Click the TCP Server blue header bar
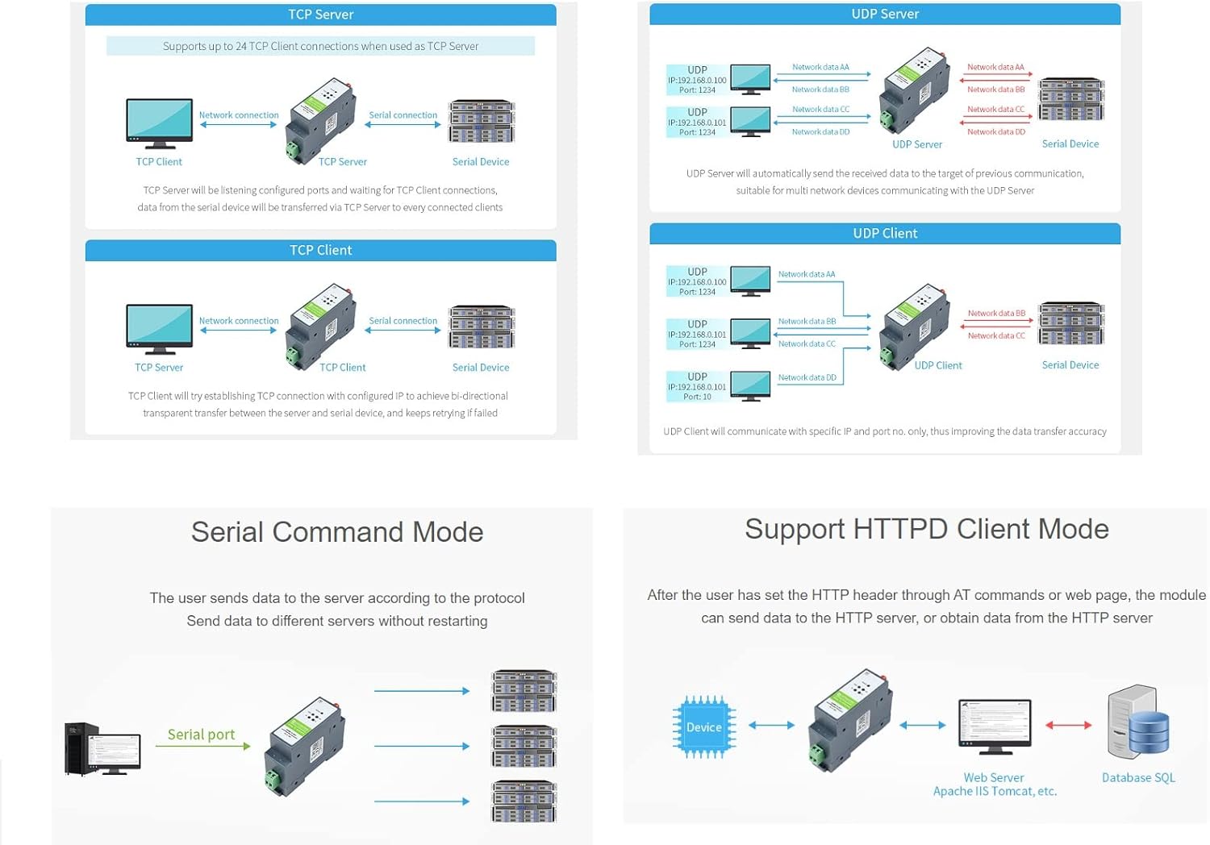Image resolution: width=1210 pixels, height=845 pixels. [320, 15]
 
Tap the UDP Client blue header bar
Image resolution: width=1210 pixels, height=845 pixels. [885, 234]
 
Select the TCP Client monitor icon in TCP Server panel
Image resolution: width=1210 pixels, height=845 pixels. [160, 123]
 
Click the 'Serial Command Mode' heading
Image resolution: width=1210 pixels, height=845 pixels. [337, 532]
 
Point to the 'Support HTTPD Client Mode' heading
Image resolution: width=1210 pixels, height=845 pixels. [926, 529]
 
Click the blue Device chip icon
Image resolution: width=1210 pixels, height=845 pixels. [704, 727]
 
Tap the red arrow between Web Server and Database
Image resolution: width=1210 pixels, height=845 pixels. [1068, 725]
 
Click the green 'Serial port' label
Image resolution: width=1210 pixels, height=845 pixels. [201, 735]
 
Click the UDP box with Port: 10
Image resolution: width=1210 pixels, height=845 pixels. [697, 386]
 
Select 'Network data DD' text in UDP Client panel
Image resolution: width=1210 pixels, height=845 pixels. [807, 377]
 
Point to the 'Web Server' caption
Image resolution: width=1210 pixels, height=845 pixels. [993, 777]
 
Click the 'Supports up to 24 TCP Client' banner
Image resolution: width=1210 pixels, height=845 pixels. [320, 47]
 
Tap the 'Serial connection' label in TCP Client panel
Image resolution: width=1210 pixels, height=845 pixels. [403, 321]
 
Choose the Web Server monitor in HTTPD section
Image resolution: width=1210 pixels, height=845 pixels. [995, 726]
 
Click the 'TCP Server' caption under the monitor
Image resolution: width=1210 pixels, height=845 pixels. [159, 368]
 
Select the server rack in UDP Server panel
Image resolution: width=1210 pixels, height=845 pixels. [1070, 99]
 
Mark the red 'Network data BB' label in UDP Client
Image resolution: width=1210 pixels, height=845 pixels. [996, 314]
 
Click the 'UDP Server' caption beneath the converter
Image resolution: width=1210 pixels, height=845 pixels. [917, 145]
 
